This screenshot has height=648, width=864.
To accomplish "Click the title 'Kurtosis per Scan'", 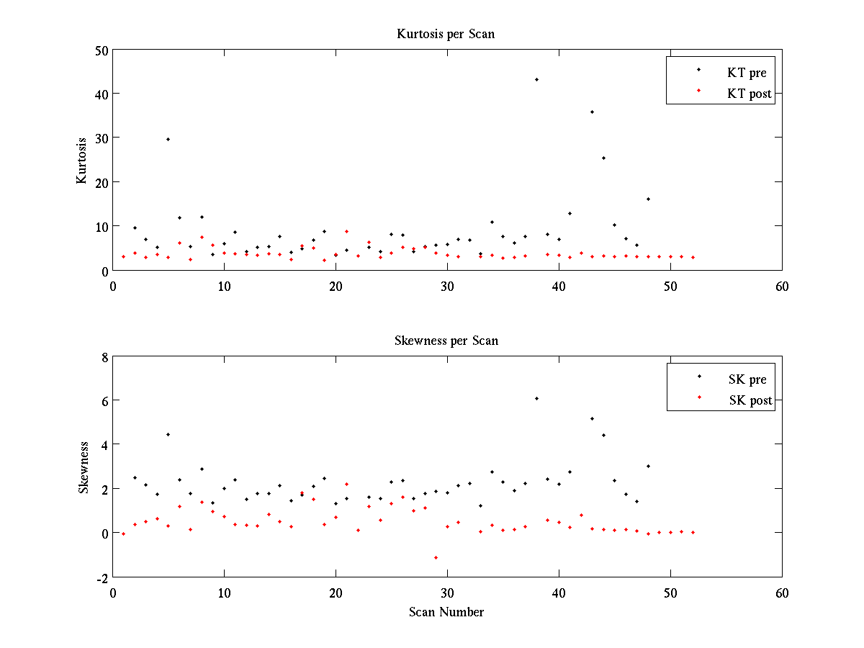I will tap(446, 34).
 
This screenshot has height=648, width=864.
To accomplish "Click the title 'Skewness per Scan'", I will tap(446, 341).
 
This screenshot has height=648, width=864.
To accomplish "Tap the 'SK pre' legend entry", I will tap(747, 379).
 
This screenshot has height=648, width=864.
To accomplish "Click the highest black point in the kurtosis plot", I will tap(536, 79).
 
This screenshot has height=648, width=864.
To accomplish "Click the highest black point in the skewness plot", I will tap(536, 398).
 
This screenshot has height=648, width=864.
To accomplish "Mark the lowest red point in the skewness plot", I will tap(436, 557).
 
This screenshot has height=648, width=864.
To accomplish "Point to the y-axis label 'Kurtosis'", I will tap(82, 160).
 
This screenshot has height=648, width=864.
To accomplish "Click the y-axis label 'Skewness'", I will tap(84, 467).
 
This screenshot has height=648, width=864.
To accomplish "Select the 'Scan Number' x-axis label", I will tap(446, 613).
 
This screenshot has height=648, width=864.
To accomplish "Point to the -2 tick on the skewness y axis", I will tap(101, 577).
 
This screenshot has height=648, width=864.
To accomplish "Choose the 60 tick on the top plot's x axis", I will tap(782, 286).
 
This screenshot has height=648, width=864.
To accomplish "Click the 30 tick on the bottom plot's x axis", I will tap(447, 593).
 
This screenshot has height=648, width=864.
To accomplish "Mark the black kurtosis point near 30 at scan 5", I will tap(168, 139).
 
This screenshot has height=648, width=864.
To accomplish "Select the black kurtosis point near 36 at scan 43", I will tap(592, 112).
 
